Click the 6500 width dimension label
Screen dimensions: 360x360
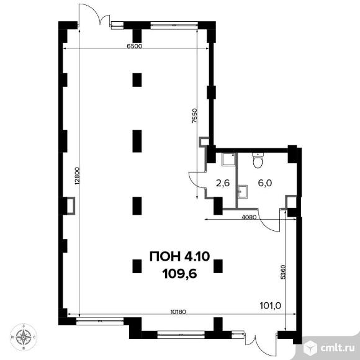135,46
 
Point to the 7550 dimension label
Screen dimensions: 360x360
195,115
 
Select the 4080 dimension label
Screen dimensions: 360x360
249,217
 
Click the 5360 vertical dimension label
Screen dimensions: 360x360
283,272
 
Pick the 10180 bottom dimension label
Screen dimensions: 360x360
178,312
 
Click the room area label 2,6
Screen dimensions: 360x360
223,183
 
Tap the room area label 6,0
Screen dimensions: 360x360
265,183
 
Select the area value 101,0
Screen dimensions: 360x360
270,305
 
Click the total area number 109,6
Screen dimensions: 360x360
179,274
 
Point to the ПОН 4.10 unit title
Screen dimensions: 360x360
179,256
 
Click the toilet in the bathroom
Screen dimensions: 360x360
258,160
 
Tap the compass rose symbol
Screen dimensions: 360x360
24,337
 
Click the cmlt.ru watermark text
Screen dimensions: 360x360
337,348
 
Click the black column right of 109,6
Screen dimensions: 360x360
218,266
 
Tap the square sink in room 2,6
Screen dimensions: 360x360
228,160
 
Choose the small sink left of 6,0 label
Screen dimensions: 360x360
243,191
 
